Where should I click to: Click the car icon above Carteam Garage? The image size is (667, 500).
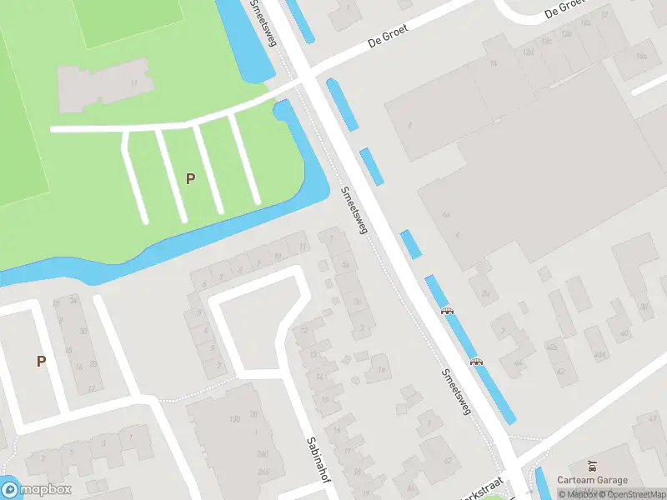(592, 464)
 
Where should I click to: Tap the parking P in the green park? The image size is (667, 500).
(190, 178)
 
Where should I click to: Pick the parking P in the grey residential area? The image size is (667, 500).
(40, 361)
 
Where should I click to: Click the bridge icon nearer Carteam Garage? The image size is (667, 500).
(476, 362)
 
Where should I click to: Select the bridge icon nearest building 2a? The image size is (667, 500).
(448, 312)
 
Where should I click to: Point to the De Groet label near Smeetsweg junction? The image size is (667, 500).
(389, 38)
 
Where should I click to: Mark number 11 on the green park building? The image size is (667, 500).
(133, 83)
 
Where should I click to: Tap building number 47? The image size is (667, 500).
(561, 372)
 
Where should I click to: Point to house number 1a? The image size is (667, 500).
(381, 369)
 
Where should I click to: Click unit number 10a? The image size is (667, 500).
(641, 57)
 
